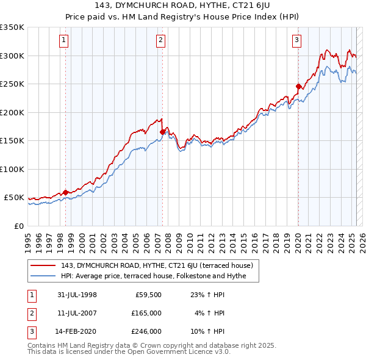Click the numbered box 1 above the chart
click(x=65, y=41)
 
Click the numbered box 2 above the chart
click(x=160, y=41)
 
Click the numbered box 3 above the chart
click(x=296, y=41)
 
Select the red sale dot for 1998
click(x=65, y=192)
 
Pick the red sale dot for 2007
click(x=162, y=132)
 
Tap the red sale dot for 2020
click(x=298, y=86)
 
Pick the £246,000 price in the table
click(x=146, y=331)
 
